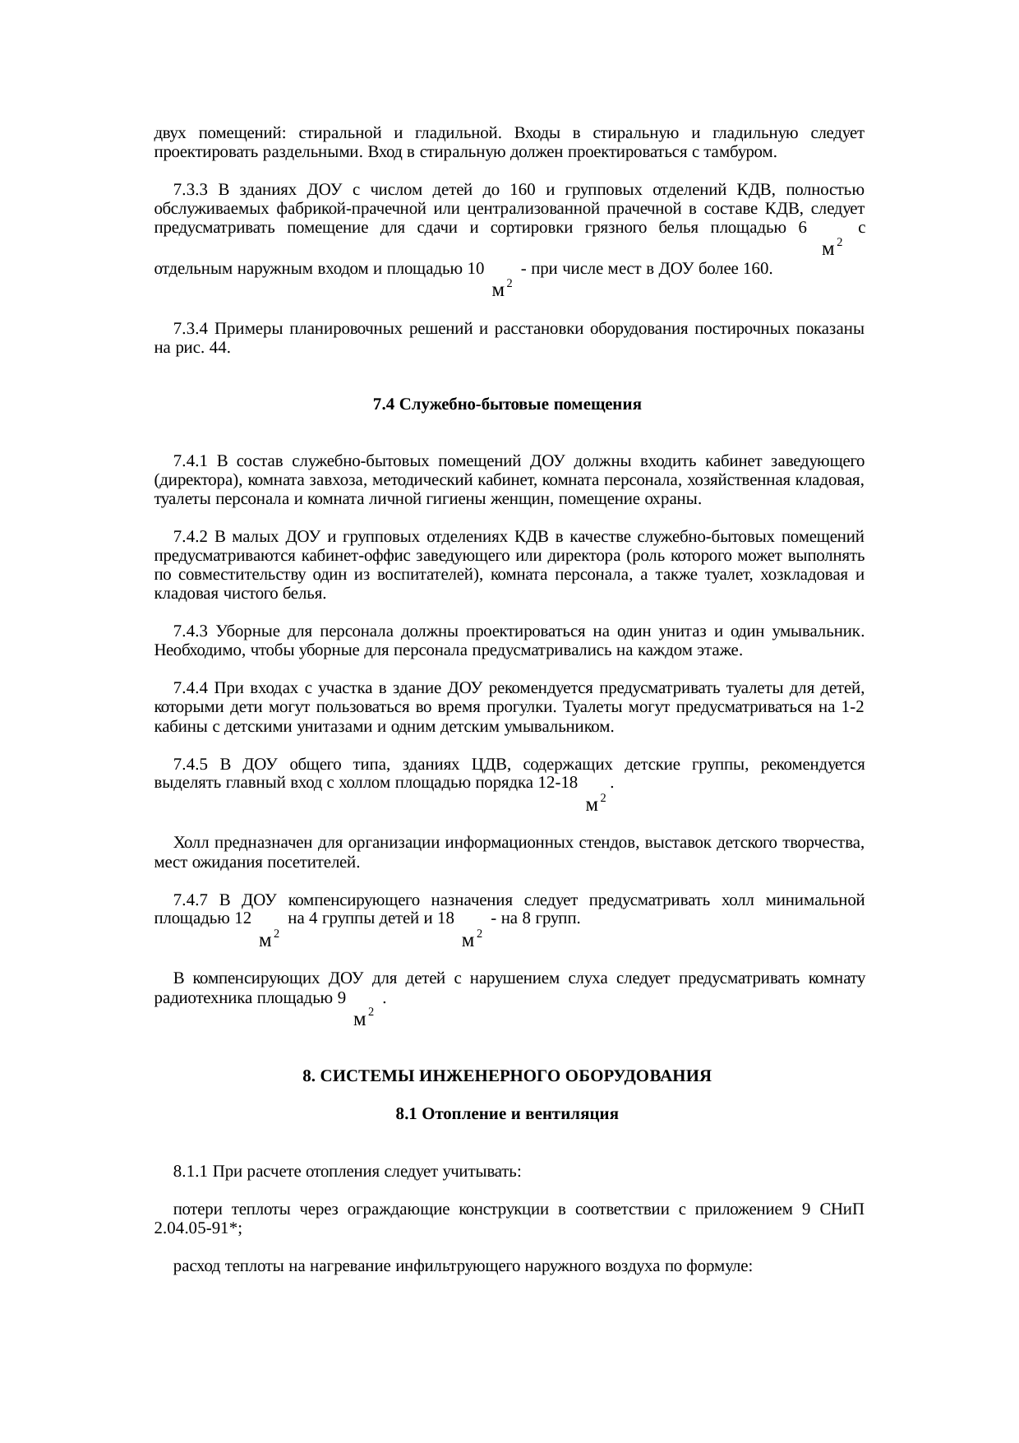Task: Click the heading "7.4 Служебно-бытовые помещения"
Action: click(506, 405)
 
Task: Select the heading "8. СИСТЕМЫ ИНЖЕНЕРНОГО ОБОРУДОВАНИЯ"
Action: click(506, 1076)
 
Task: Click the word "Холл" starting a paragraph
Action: click(191, 844)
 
